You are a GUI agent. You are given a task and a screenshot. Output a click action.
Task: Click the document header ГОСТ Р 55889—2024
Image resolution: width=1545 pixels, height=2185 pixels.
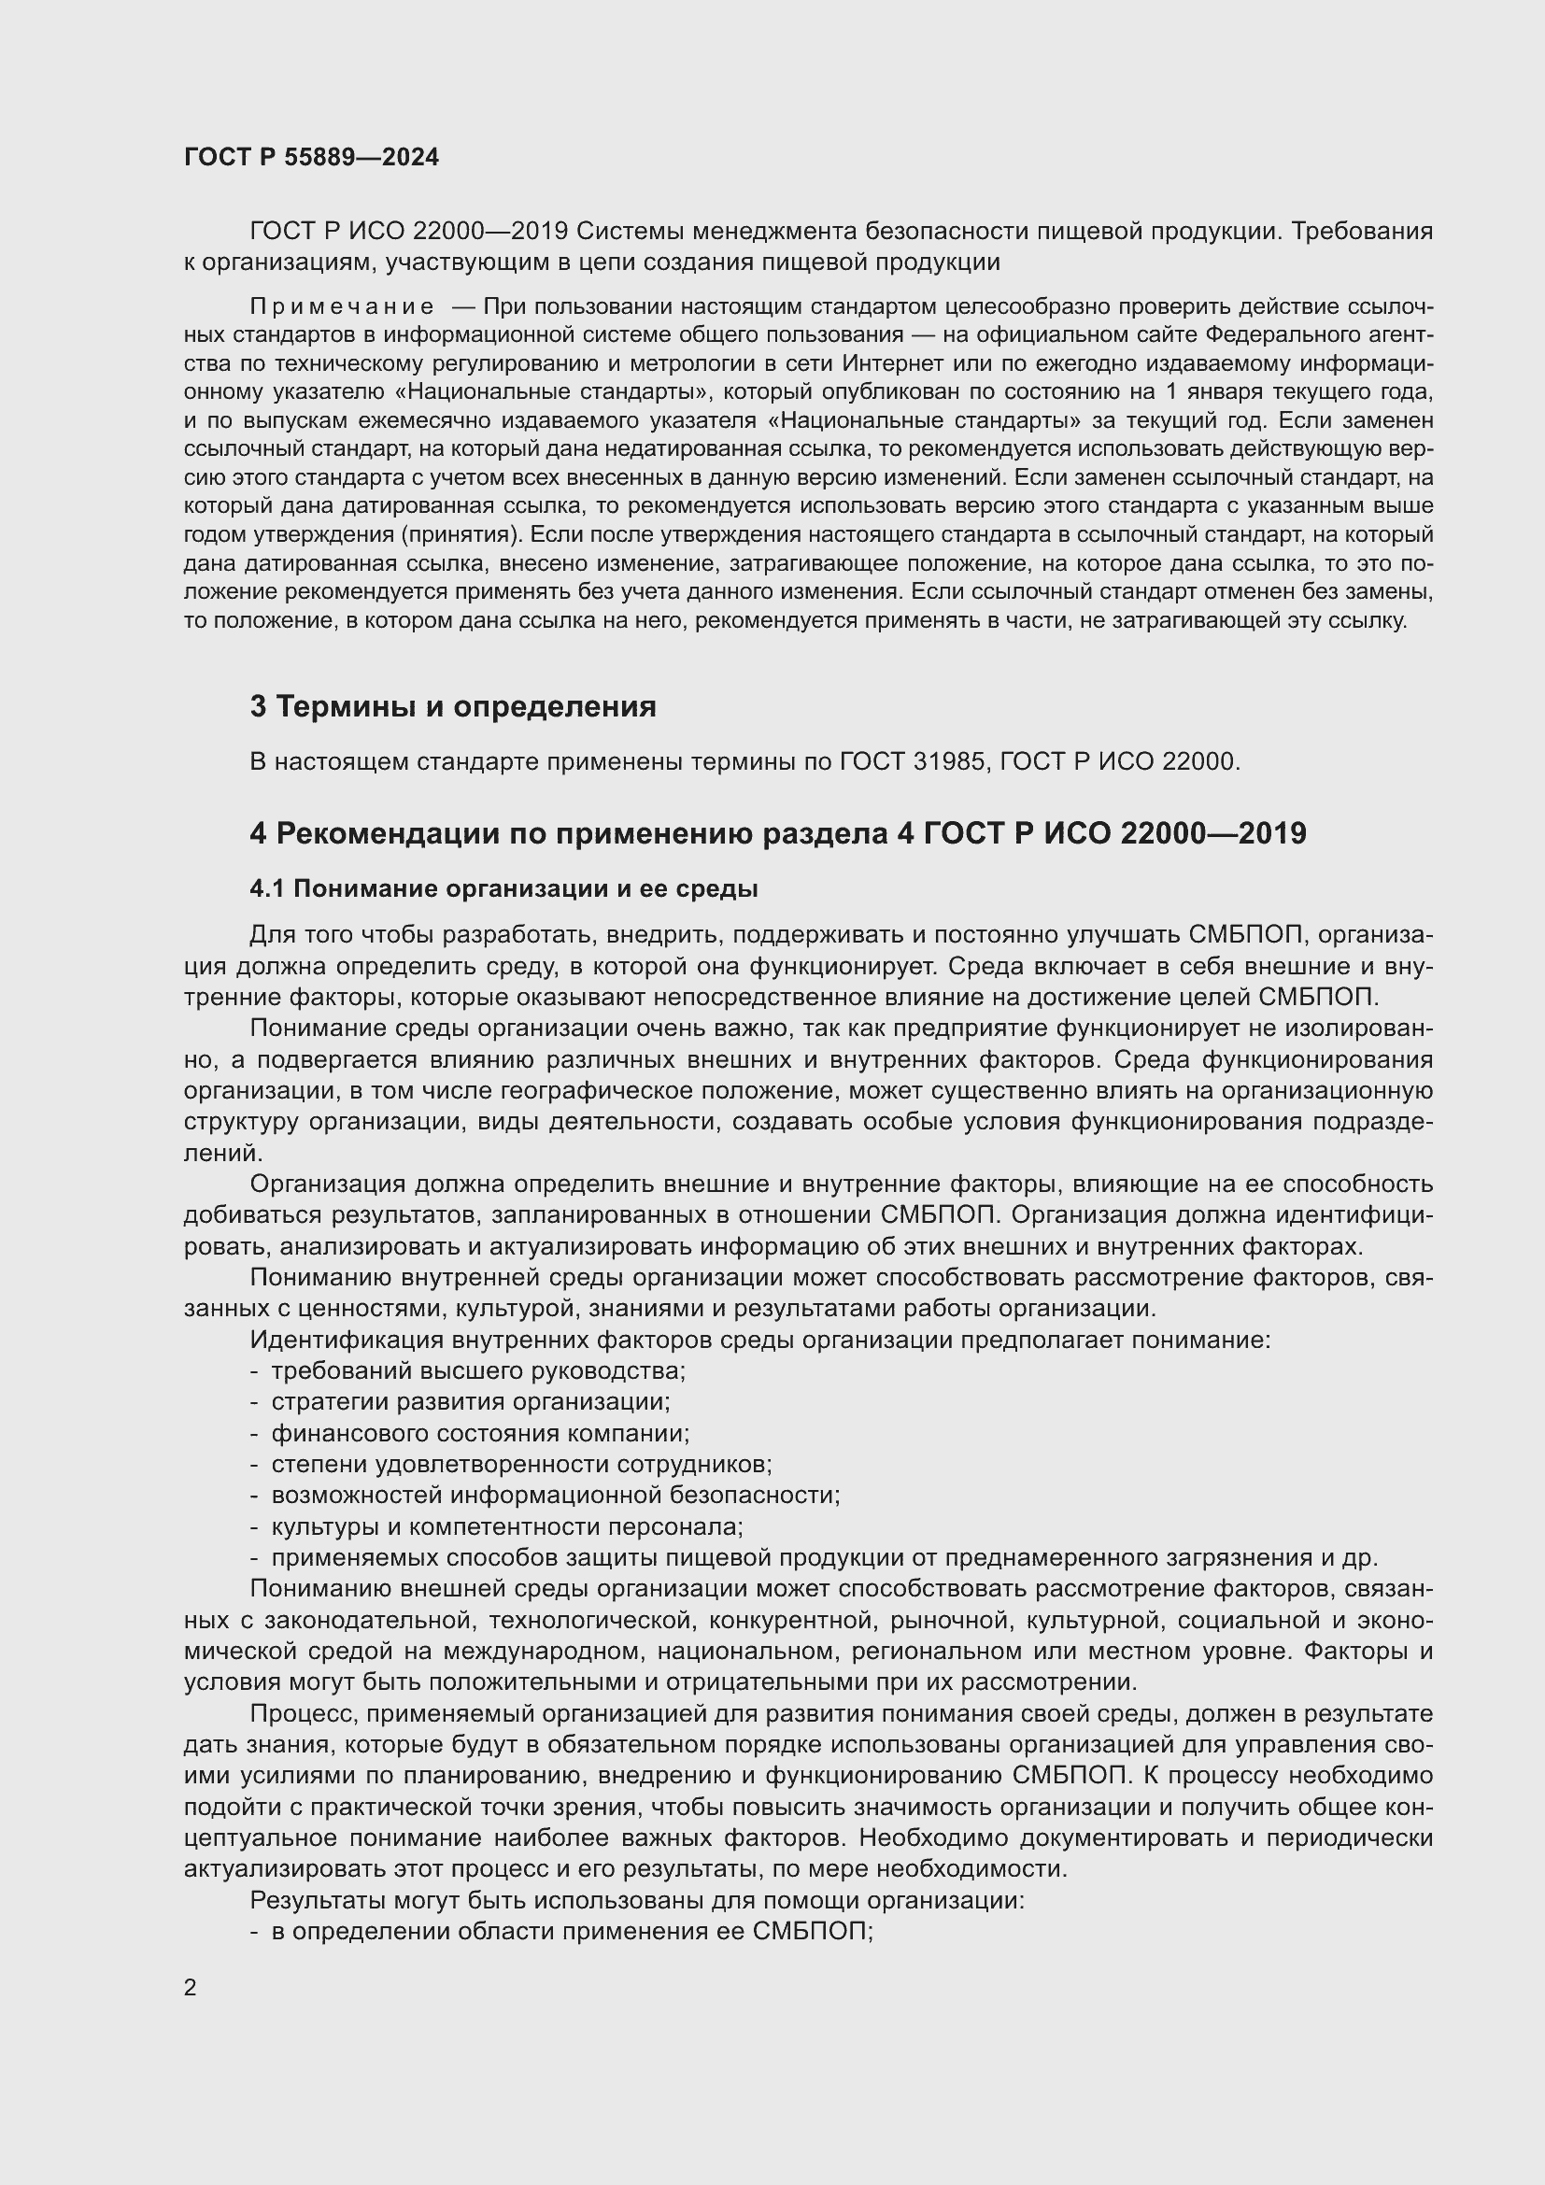[x=311, y=157]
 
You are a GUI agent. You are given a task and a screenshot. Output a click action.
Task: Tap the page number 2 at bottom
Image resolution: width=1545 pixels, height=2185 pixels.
[x=191, y=1987]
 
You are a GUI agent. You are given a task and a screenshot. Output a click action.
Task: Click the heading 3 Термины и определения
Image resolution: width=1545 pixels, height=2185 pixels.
[x=453, y=706]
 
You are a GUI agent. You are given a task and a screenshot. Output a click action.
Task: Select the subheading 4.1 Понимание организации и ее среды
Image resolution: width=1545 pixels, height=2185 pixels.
[x=503, y=888]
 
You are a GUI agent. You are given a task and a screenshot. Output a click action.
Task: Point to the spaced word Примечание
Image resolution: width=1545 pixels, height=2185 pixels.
[x=342, y=306]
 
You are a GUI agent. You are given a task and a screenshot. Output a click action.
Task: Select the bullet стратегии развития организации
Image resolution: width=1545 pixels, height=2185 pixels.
[x=470, y=1402]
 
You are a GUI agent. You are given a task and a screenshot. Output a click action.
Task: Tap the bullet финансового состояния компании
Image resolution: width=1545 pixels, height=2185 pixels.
[x=480, y=1433]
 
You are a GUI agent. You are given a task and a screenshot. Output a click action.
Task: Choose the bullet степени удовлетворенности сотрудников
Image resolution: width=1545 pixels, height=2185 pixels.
[x=521, y=1464]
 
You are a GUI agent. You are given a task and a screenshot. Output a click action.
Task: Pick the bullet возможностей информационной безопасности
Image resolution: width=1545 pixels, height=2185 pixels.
[x=556, y=1495]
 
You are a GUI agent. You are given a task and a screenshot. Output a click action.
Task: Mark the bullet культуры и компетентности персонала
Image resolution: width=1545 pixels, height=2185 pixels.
[x=506, y=1526]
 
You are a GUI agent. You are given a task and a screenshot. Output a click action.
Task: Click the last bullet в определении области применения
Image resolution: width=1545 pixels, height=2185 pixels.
[x=572, y=1931]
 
